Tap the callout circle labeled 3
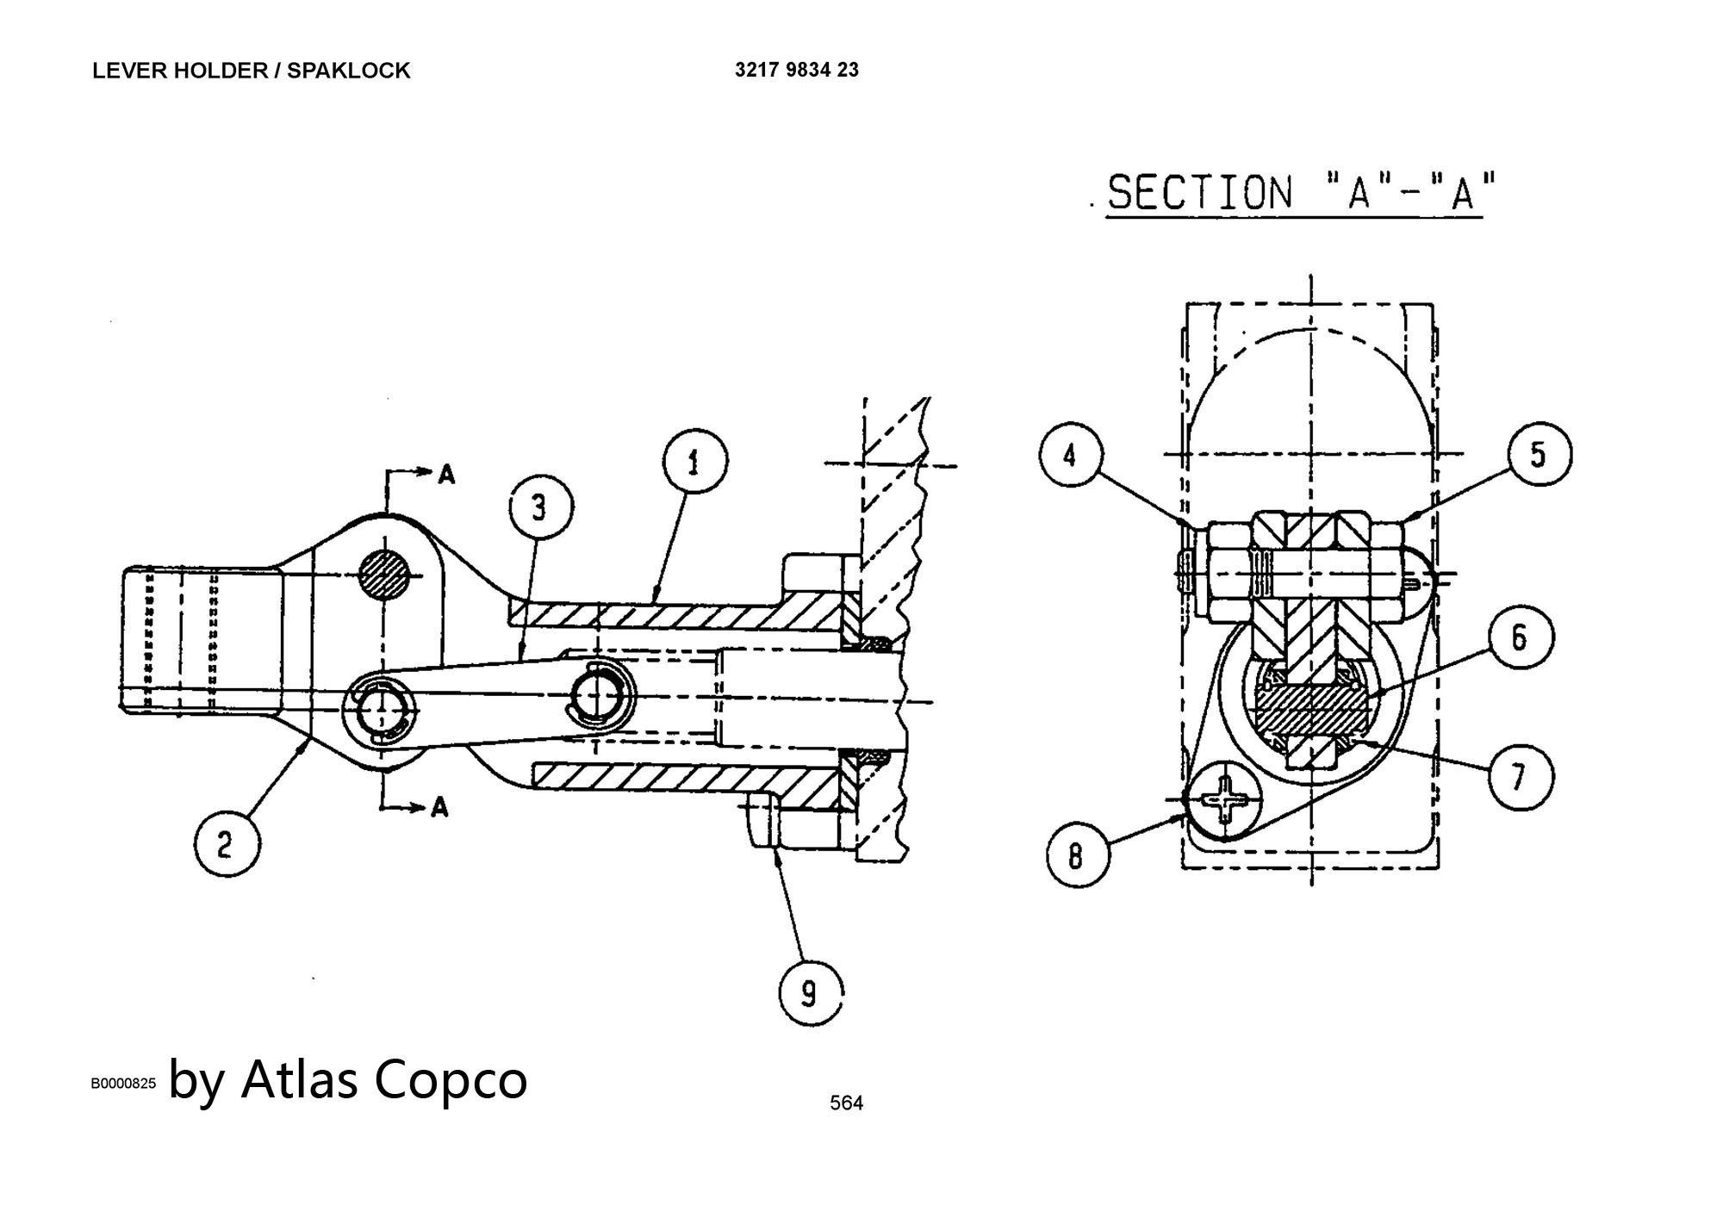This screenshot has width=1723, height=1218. tap(539, 507)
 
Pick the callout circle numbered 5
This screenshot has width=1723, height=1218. tap(1540, 454)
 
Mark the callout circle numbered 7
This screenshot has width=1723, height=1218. tap(1521, 777)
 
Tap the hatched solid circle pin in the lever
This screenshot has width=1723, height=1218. tap(385, 575)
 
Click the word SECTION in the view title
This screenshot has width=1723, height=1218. tap(1200, 191)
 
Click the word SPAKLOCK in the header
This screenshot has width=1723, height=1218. tap(348, 71)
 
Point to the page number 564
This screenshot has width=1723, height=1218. tap(846, 1103)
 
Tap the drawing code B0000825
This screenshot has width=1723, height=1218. tap(124, 1084)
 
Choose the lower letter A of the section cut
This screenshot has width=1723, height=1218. tap(439, 807)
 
